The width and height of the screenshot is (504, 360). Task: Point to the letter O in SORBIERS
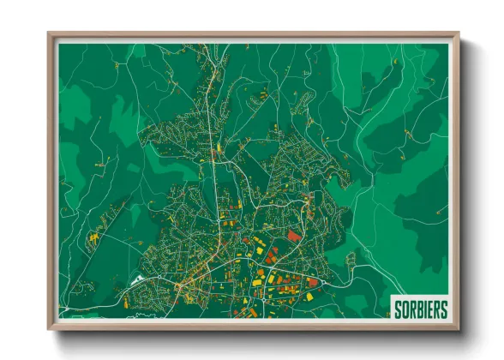(x=404, y=309)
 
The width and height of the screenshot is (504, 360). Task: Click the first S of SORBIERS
(x=397, y=309)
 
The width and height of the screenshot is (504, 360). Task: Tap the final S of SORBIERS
(x=444, y=309)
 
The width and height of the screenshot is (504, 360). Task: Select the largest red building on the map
(x=294, y=233)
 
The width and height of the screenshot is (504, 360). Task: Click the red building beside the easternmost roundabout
(x=313, y=282)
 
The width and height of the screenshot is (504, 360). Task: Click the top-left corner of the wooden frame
(x=49, y=34)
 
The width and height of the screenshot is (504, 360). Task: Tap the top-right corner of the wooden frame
(x=459, y=34)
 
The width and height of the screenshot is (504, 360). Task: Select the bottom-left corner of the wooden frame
(x=49, y=329)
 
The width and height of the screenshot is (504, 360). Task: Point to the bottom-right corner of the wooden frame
(x=459, y=329)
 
